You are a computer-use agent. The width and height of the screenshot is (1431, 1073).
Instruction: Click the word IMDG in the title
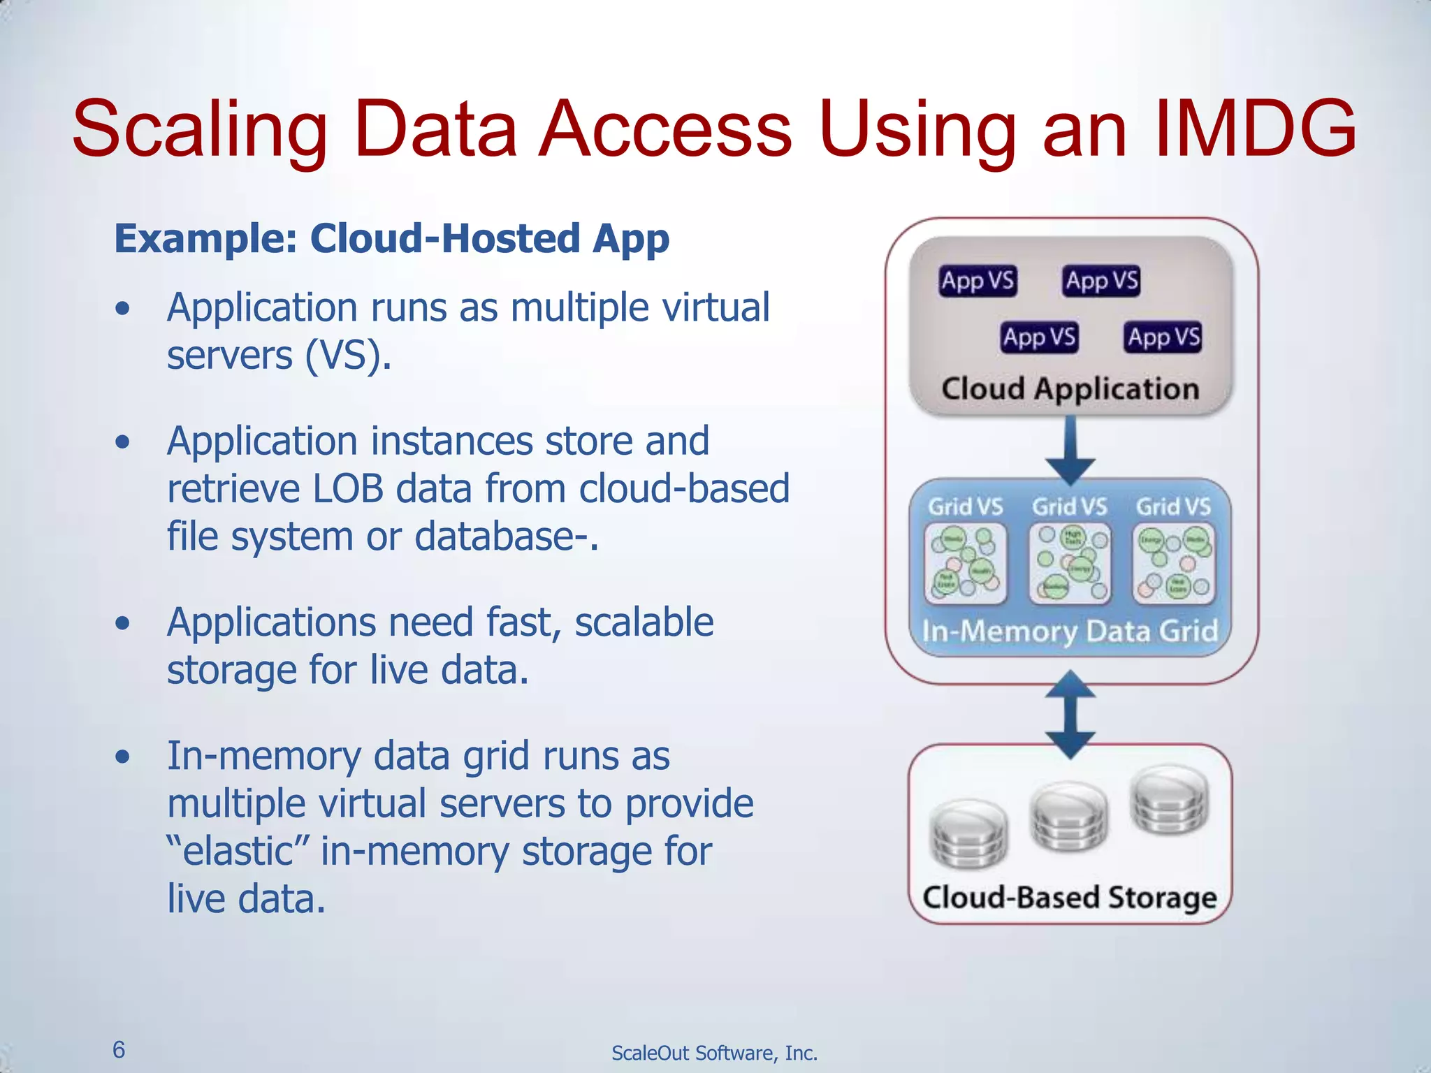(1255, 129)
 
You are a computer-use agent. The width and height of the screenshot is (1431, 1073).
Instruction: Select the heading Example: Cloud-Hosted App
(391, 238)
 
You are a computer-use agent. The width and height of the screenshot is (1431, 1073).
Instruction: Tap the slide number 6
(119, 1049)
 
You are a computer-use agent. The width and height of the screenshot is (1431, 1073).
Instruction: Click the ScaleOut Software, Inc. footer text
(714, 1053)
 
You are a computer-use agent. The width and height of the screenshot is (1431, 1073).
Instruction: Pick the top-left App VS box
(978, 281)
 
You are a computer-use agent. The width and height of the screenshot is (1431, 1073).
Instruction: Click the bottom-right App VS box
(1163, 337)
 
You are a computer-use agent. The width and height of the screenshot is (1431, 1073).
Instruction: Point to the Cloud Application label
(1070, 388)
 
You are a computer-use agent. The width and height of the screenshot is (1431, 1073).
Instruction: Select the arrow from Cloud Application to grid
(1070, 451)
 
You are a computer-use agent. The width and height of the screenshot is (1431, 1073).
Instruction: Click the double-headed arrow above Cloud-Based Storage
(1070, 714)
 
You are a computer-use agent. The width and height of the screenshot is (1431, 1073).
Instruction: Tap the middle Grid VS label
(1070, 506)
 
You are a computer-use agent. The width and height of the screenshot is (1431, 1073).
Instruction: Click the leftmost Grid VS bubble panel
(966, 563)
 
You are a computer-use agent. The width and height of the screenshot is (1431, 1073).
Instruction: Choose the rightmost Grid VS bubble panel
(1173, 563)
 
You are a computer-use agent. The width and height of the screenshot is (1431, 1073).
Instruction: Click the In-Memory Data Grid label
(1070, 632)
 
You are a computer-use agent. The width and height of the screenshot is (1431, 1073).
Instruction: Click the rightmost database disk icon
(1169, 800)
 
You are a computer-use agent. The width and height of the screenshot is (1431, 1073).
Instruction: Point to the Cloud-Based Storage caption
(1070, 898)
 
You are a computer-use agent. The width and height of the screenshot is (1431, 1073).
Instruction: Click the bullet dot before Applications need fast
(123, 622)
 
